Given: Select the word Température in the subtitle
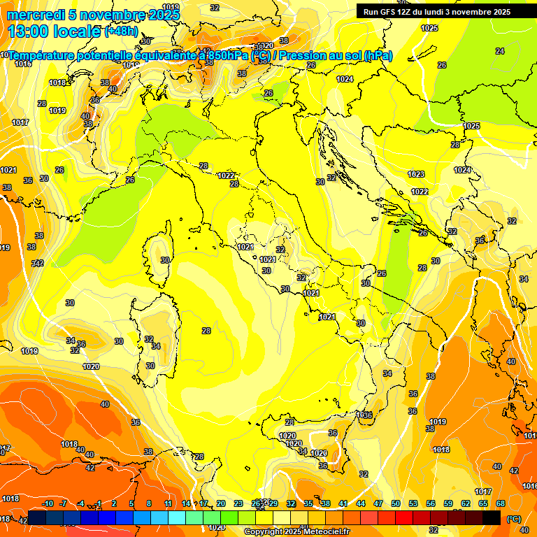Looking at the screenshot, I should (x=43, y=56).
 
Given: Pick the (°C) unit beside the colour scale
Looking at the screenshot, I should (x=514, y=518).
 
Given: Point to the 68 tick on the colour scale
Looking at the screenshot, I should (x=501, y=503).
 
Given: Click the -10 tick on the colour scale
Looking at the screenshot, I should (x=48, y=503).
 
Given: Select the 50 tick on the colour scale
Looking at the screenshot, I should (x=396, y=503).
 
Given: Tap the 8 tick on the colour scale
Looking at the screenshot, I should (x=149, y=503).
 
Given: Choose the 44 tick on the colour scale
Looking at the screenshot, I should (x=361, y=503).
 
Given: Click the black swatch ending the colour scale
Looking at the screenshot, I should (x=492, y=517).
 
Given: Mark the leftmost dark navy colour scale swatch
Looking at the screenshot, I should (x=37, y=517).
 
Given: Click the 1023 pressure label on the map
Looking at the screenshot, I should (x=416, y=174).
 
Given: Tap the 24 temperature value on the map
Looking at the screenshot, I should (x=499, y=51).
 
